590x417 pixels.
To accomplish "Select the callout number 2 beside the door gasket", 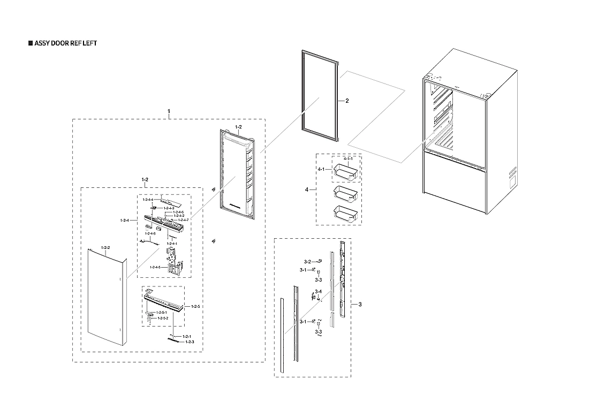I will [x=347, y=101].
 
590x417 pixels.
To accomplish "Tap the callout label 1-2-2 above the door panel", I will [x=105, y=248].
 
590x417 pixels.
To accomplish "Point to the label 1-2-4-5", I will [x=156, y=267].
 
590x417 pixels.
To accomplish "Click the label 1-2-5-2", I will [x=162, y=318].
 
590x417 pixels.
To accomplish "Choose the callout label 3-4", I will [x=318, y=291].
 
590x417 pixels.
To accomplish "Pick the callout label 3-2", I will [x=308, y=261].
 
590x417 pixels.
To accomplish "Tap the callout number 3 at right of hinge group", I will [x=360, y=305].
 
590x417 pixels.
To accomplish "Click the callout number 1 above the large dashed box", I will [x=169, y=111].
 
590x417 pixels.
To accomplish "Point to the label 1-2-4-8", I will [x=149, y=233].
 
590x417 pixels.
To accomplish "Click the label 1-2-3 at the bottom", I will [x=189, y=342].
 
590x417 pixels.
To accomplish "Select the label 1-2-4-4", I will [x=148, y=200].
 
